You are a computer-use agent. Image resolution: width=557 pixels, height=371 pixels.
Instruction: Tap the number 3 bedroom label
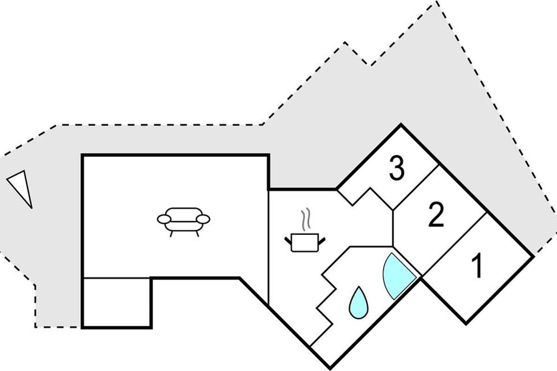(397, 169)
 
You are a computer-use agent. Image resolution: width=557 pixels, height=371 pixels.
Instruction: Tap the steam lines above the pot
(304, 220)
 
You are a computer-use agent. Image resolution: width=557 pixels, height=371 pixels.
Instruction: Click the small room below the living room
(117, 302)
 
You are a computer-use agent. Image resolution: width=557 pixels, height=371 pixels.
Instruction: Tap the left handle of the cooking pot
(288, 239)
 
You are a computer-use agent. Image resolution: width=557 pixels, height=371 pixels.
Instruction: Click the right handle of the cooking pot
(321, 239)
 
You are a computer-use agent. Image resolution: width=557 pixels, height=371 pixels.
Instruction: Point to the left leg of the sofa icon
(172, 234)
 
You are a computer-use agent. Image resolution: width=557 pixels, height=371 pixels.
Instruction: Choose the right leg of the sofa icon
(197, 234)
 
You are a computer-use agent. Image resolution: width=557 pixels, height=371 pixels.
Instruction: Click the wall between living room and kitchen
(269, 246)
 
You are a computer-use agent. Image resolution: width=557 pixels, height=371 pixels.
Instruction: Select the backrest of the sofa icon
(184, 211)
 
